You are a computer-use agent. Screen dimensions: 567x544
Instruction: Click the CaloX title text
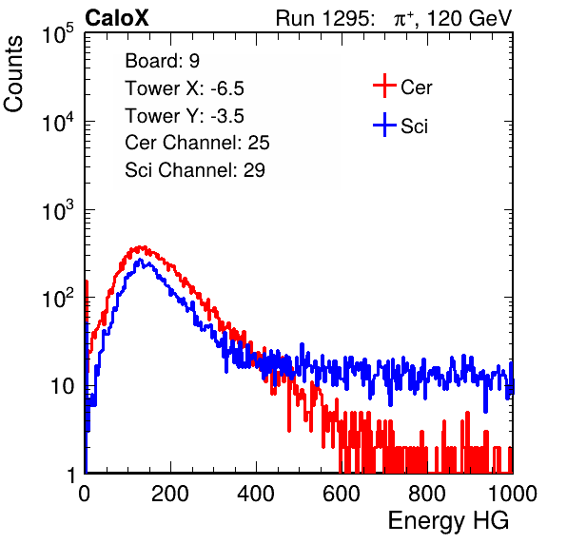pyautogui.click(x=117, y=18)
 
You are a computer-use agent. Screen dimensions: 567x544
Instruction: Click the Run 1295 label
pyautogui.click(x=324, y=18)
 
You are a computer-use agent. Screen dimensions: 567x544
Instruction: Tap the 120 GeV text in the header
pyautogui.click(x=469, y=18)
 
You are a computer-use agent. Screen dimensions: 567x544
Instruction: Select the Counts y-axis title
pyautogui.click(x=13, y=74)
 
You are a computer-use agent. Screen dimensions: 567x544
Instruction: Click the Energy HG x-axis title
pyautogui.click(x=448, y=521)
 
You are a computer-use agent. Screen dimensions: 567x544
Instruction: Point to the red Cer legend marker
pyautogui.click(x=384, y=86)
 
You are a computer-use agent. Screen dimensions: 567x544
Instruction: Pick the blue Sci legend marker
pyautogui.click(x=384, y=125)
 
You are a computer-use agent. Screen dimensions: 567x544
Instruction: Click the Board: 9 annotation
pyautogui.click(x=163, y=61)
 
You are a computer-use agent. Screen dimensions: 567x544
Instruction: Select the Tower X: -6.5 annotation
pyautogui.click(x=185, y=88)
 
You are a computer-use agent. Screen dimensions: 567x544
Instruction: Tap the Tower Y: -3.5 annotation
pyautogui.click(x=185, y=116)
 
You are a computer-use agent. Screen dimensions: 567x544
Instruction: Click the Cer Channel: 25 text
pyautogui.click(x=197, y=143)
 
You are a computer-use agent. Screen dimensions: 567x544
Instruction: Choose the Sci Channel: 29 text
pyautogui.click(x=195, y=170)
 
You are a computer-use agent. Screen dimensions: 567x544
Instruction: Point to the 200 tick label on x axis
pyautogui.click(x=170, y=494)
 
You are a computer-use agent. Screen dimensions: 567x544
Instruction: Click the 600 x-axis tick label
pyautogui.click(x=342, y=494)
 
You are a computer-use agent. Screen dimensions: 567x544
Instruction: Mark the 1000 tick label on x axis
pyautogui.click(x=513, y=494)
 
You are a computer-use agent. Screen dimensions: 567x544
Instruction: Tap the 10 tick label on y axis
pyautogui.click(x=63, y=386)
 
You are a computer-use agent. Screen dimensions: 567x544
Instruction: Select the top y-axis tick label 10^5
pyautogui.click(x=58, y=33)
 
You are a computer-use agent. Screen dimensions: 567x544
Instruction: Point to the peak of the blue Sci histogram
pyautogui.click(x=140, y=260)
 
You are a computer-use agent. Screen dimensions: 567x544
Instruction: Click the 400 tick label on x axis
pyautogui.click(x=256, y=494)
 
